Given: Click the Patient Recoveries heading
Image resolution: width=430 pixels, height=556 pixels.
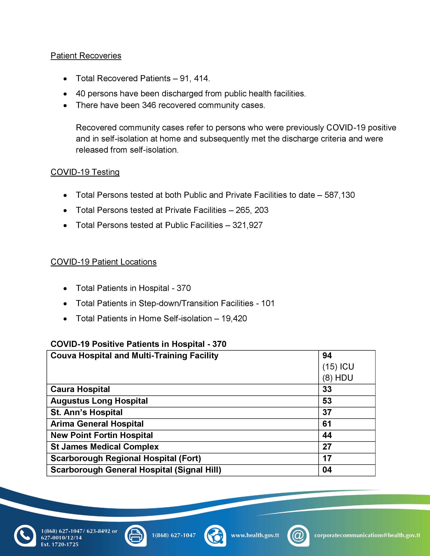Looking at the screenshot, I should tap(86, 56).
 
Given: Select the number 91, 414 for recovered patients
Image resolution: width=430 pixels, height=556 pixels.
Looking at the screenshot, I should tap(195, 78).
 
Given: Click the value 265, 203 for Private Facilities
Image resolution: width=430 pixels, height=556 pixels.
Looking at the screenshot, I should tap(252, 210).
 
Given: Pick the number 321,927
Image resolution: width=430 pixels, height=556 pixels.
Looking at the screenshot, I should tap(247, 225).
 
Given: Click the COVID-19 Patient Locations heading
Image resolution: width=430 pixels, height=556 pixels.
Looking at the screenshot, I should tap(103, 262).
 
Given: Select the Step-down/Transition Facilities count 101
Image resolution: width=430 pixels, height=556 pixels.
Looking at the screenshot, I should tap(268, 303).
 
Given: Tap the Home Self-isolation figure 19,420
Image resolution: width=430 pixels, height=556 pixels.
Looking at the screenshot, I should tap(234, 318).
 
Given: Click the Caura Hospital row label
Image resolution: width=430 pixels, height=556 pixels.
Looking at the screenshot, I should tap(80, 389).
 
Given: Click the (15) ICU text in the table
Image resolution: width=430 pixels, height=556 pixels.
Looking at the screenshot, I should tap(338, 367).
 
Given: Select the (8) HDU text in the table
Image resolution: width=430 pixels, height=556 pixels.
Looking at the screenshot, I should tap(338, 378).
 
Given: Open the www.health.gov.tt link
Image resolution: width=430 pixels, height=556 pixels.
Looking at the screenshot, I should tap(255, 535).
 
